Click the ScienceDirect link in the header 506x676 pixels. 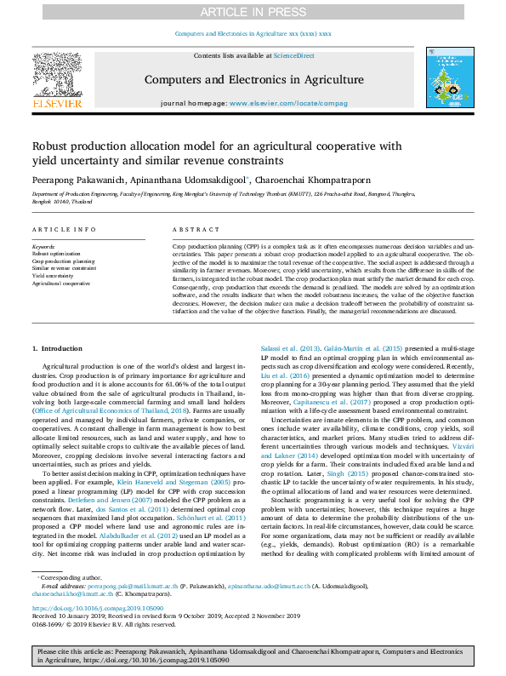pyautogui.click(x=293, y=54)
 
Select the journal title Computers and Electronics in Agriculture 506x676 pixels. pyautogui.click(x=253, y=78)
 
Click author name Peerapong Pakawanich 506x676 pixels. pyautogui.click(x=80, y=180)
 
